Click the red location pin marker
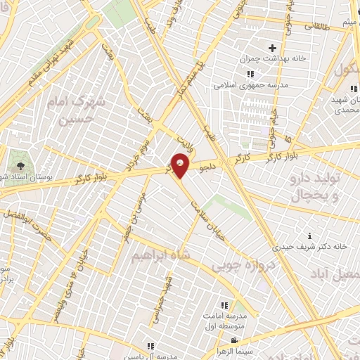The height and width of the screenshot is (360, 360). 181,165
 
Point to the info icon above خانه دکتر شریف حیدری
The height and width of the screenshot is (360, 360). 310,235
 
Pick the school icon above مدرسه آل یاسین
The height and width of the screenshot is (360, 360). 150,345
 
